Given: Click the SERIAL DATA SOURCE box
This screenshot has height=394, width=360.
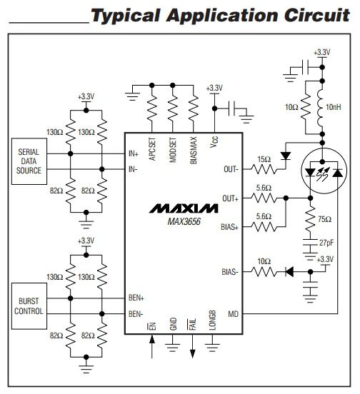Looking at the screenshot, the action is coord(29,161).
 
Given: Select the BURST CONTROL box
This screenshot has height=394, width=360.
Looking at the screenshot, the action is coord(29,306).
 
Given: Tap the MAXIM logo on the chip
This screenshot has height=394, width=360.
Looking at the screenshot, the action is coord(184,208).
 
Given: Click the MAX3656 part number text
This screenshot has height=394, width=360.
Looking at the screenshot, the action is coord(184,221).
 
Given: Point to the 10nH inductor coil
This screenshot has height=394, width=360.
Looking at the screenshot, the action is coord(320,108).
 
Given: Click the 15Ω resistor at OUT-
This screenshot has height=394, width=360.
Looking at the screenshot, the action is coord(264,169).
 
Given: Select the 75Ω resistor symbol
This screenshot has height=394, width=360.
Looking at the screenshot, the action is coord(311,219).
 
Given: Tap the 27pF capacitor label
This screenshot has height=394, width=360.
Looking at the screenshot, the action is coord(326,243).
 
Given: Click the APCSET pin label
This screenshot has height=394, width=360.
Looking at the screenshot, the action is coord(152,149).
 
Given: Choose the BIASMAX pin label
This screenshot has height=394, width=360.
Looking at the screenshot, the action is coord(194,151).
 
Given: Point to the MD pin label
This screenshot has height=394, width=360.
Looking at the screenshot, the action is coord(233,314).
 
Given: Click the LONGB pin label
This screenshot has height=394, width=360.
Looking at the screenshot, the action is coord(212,320).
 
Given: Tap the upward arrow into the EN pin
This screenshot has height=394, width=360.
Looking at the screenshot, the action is coord(152,348).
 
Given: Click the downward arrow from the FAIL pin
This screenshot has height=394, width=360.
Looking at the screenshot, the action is coord(193,346).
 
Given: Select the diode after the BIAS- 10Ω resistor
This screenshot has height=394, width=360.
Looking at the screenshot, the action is coord(289,272).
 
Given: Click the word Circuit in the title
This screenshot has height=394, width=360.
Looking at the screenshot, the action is coord(317,15).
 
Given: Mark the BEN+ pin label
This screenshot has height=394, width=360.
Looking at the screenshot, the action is coord(136,298).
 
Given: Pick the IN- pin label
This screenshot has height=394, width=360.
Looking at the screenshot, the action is coord(133,169).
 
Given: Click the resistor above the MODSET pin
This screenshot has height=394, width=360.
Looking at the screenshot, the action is coord(173,108).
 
